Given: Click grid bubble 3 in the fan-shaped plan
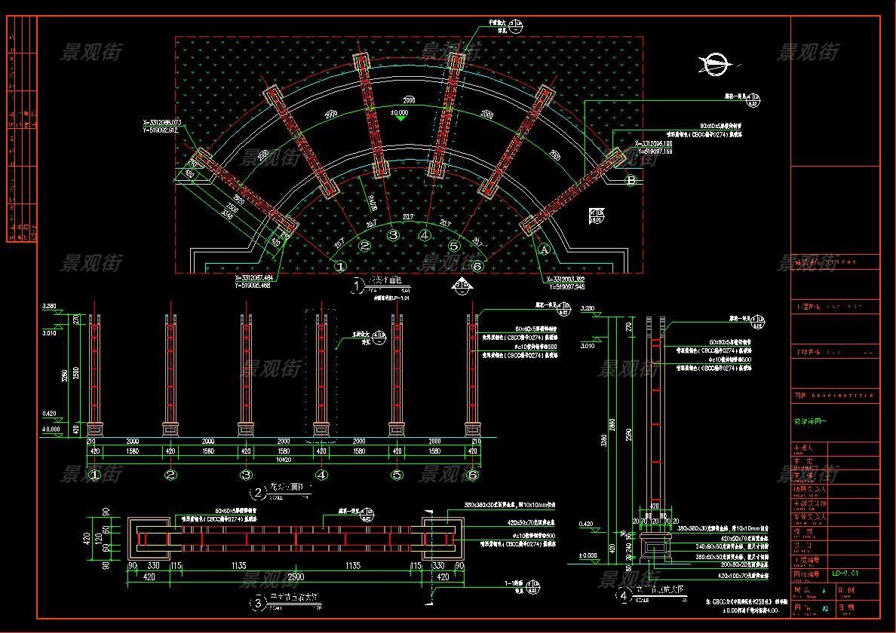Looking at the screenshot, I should pyautogui.click(x=393, y=234).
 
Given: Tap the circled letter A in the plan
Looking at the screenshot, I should pyautogui.click(x=545, y=247).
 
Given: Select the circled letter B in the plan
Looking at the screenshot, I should pyautogui.click(x=631, y=179).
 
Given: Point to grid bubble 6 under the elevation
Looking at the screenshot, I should pyautogui.click(x=473, y=475).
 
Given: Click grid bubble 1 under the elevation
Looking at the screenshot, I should pyautogui.click(x=95, y=475).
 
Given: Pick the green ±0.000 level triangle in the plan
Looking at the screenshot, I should pyautogui.click(x=400, y=117).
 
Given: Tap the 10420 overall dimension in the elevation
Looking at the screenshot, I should pyautogui.click(x=284, y=459).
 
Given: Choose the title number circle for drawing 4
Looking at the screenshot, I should pyautogui.click(x=623, y=596).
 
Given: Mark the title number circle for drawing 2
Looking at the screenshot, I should pyautogui.click(x=258, y=494).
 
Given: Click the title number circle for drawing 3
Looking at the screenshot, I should pyautogui.click(x=258, y=603).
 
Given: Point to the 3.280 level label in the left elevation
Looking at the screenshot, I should pyautogui.click(x=50, y=307).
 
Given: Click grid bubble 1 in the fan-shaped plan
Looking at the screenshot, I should pyautogui.click(x=340, y=266).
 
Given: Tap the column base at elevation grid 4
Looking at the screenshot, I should pyautogui.click(x=322, y=430).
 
